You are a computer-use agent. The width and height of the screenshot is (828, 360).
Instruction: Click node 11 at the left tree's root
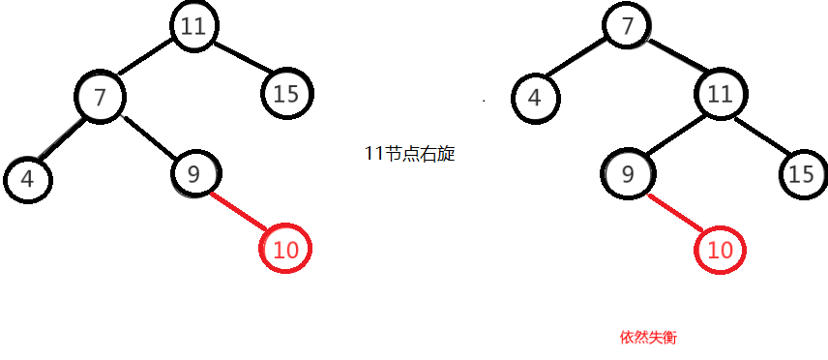[193, 26]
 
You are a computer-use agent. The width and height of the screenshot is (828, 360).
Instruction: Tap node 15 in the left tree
[286, 94]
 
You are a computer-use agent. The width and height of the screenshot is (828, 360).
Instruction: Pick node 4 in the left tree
[27, 178]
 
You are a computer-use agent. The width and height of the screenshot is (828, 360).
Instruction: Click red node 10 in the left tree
[286, 250]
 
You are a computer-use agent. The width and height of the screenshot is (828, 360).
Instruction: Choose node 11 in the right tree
[719, 94]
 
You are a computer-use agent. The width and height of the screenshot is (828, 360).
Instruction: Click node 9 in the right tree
[628, 174]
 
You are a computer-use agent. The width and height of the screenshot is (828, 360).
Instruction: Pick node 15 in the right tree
[801, 174]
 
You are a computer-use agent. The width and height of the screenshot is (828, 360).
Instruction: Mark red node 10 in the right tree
[720, 250]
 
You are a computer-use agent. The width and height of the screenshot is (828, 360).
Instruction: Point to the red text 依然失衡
[649, 338]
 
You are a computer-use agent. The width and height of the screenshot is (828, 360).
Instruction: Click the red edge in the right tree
[672, 211]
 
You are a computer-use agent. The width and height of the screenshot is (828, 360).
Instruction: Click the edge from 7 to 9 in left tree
[147, 136]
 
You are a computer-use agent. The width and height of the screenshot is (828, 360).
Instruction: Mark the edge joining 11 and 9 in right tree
[673, 135]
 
